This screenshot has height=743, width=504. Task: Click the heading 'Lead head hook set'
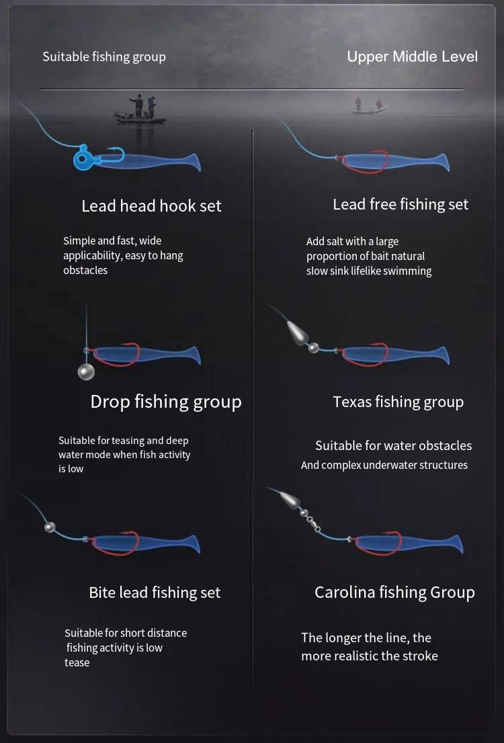pyautogui.click(x=151, y=206)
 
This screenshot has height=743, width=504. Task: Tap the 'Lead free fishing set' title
pyautogui.click(x=401, y=204)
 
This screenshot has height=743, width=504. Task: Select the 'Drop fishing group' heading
pyautogui.click(x=166, y=402)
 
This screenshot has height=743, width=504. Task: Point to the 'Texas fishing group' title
pyautogui.click(x=398, y=402)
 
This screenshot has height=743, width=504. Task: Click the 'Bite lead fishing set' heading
pyautogui.click(x=155, y=593)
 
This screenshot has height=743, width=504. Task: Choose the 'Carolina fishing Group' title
pyautogui.click(x=394, y=593)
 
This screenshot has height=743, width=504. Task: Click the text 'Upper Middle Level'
pyautogui.click(x=413, y=56)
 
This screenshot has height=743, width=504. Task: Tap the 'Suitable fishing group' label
pyautogui.click(x=104, y=57)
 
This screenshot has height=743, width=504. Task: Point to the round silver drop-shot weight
pyautogui.click(x=86, y=371)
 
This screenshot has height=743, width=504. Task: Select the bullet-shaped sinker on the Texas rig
pyautogui.click(x=297, y=333)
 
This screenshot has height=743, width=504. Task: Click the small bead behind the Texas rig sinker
pyautogui.click(x=313, y=348)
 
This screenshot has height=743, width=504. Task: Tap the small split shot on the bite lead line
pyautogui.click(x=49, y=527)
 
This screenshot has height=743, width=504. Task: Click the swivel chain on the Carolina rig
pyautogui.click(x=310, y=520)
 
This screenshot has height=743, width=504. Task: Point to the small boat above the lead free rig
pyautogui.click(x=368, y=107)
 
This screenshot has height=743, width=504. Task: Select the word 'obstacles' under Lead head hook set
pyautogui.click(x=85, y=270)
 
